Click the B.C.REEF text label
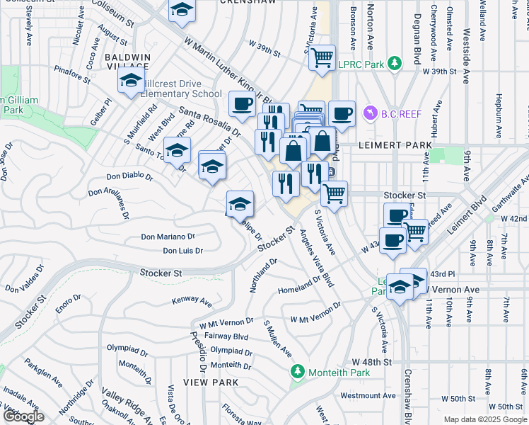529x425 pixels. [x=402, y=113]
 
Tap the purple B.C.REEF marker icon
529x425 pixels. [x=368, y=113]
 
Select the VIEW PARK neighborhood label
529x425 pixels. [x=204, y=382]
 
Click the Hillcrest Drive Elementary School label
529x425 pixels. [x=181, y=89]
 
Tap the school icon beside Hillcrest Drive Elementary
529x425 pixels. [x=132, y=81]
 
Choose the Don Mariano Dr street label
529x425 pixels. [x=168, y=237]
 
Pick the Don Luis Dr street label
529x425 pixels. [x=182, y=251]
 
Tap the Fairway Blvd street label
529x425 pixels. [x=223, y=336]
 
